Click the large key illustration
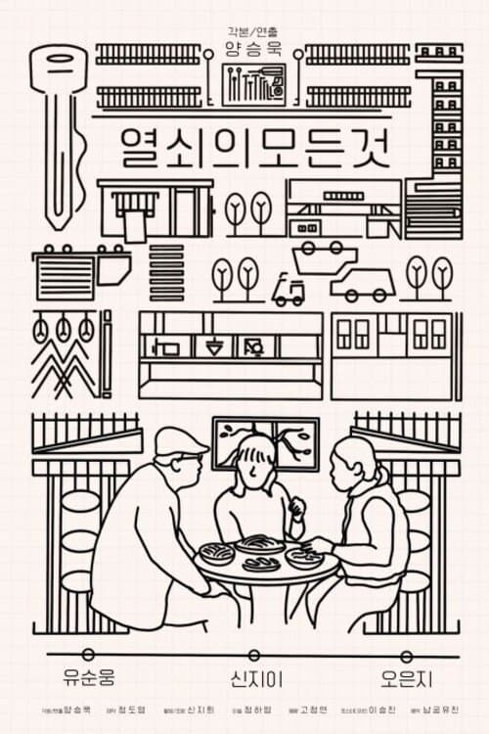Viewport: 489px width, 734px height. [x=59, y=127]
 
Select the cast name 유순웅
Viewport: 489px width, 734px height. [x=88, y=677]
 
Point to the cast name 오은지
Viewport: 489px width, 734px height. [x=407, y=677]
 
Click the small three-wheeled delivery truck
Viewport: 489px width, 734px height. [x=288, y=290]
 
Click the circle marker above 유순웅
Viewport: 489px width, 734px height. [x=88, y=654]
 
